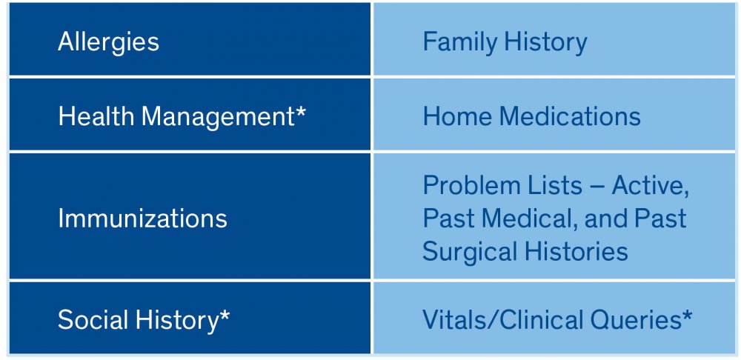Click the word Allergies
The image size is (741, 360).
(108, 42)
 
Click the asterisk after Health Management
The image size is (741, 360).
(301, 113)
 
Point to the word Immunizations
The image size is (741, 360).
(142, 219)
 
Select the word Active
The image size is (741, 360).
(650, 186)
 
